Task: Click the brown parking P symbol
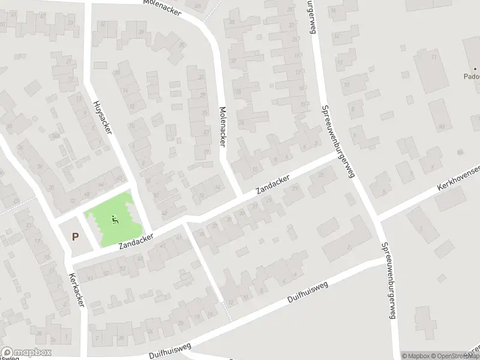tap(75, 236)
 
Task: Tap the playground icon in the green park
tap(115, 220)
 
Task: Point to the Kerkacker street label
tap(76, 292)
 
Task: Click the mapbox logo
tap(26, 352)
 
